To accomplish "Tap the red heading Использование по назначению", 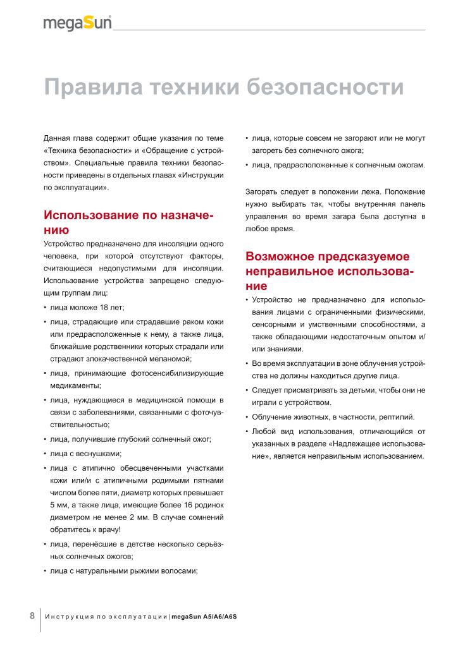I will [127, 222].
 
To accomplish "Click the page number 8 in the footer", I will [32, 616].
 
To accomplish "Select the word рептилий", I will [397, 417].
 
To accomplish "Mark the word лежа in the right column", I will [370, 191].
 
